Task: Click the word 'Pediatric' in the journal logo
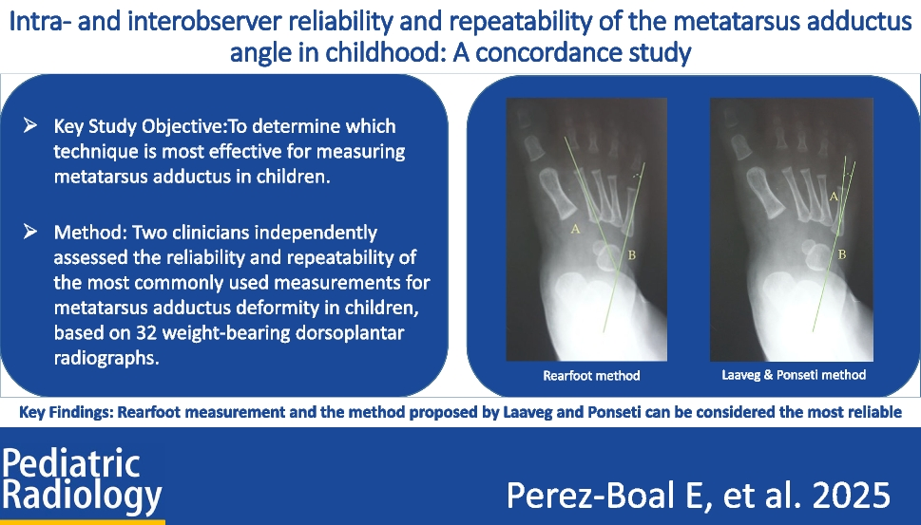(x=71, y=463)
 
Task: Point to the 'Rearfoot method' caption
(x=591, y=376)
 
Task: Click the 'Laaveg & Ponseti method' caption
(x=794, y=375)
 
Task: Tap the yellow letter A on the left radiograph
(x=575, y=229)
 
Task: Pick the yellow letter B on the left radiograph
(x=632, y=254)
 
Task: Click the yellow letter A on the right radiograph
(x=834, y=197)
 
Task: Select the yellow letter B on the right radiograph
(x=841, y=254)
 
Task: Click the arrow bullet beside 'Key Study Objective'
(x=30, y=125)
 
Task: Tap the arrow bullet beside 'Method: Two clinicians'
(x=30, y=231)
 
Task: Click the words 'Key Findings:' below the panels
(x=66, y=412)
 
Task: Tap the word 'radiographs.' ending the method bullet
(x=106, y=359)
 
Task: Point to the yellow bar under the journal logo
(x=83, y=522)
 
